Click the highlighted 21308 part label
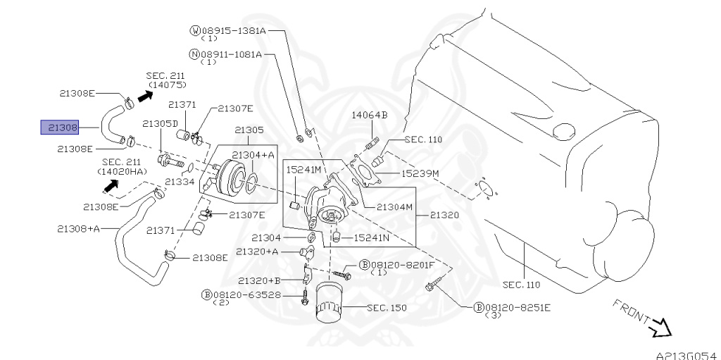tap(60, 127)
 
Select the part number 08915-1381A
tap(234, 31)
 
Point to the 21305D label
tap(160, 123)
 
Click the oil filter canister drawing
tap(330, 303)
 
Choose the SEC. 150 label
tap(387, 308)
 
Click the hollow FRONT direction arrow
tap(659, 328)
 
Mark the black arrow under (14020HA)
tap(111, 185)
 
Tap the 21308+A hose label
tap(78, 228)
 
